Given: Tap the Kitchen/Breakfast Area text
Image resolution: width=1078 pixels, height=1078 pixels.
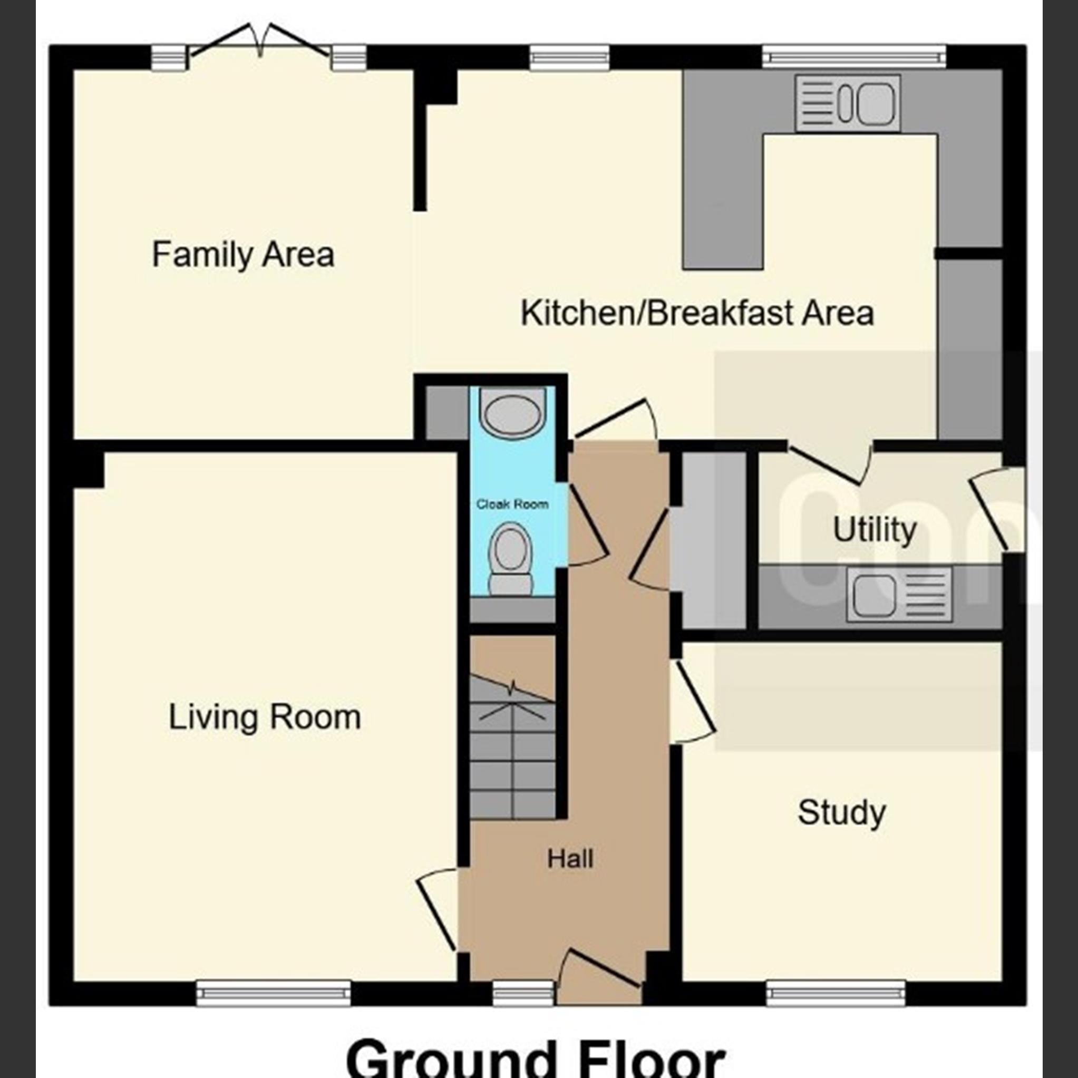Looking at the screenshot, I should click(x=697, y=313).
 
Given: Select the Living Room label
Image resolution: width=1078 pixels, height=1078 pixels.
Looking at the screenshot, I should click(x=265, y=717).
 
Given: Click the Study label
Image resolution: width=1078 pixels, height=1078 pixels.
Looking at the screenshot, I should click(x=841, y=812).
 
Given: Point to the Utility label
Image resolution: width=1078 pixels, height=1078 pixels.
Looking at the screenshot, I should click(x=875, y=530).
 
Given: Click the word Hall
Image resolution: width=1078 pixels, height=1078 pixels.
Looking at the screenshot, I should click(x=570, y=859).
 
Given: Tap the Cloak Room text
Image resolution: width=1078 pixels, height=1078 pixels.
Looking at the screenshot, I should click(x=512, y=504).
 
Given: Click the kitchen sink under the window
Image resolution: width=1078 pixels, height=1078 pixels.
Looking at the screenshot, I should click(x=848, y=103).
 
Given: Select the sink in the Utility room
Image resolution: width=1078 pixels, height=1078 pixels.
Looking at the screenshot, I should click(x=898, y=594).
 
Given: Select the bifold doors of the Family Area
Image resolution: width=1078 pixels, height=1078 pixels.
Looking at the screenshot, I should click(x=259, y=42).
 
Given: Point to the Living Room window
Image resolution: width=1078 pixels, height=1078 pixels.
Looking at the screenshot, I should click(x=274, y=994).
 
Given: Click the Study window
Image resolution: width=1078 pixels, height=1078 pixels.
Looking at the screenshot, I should click(x=836, y=994).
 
